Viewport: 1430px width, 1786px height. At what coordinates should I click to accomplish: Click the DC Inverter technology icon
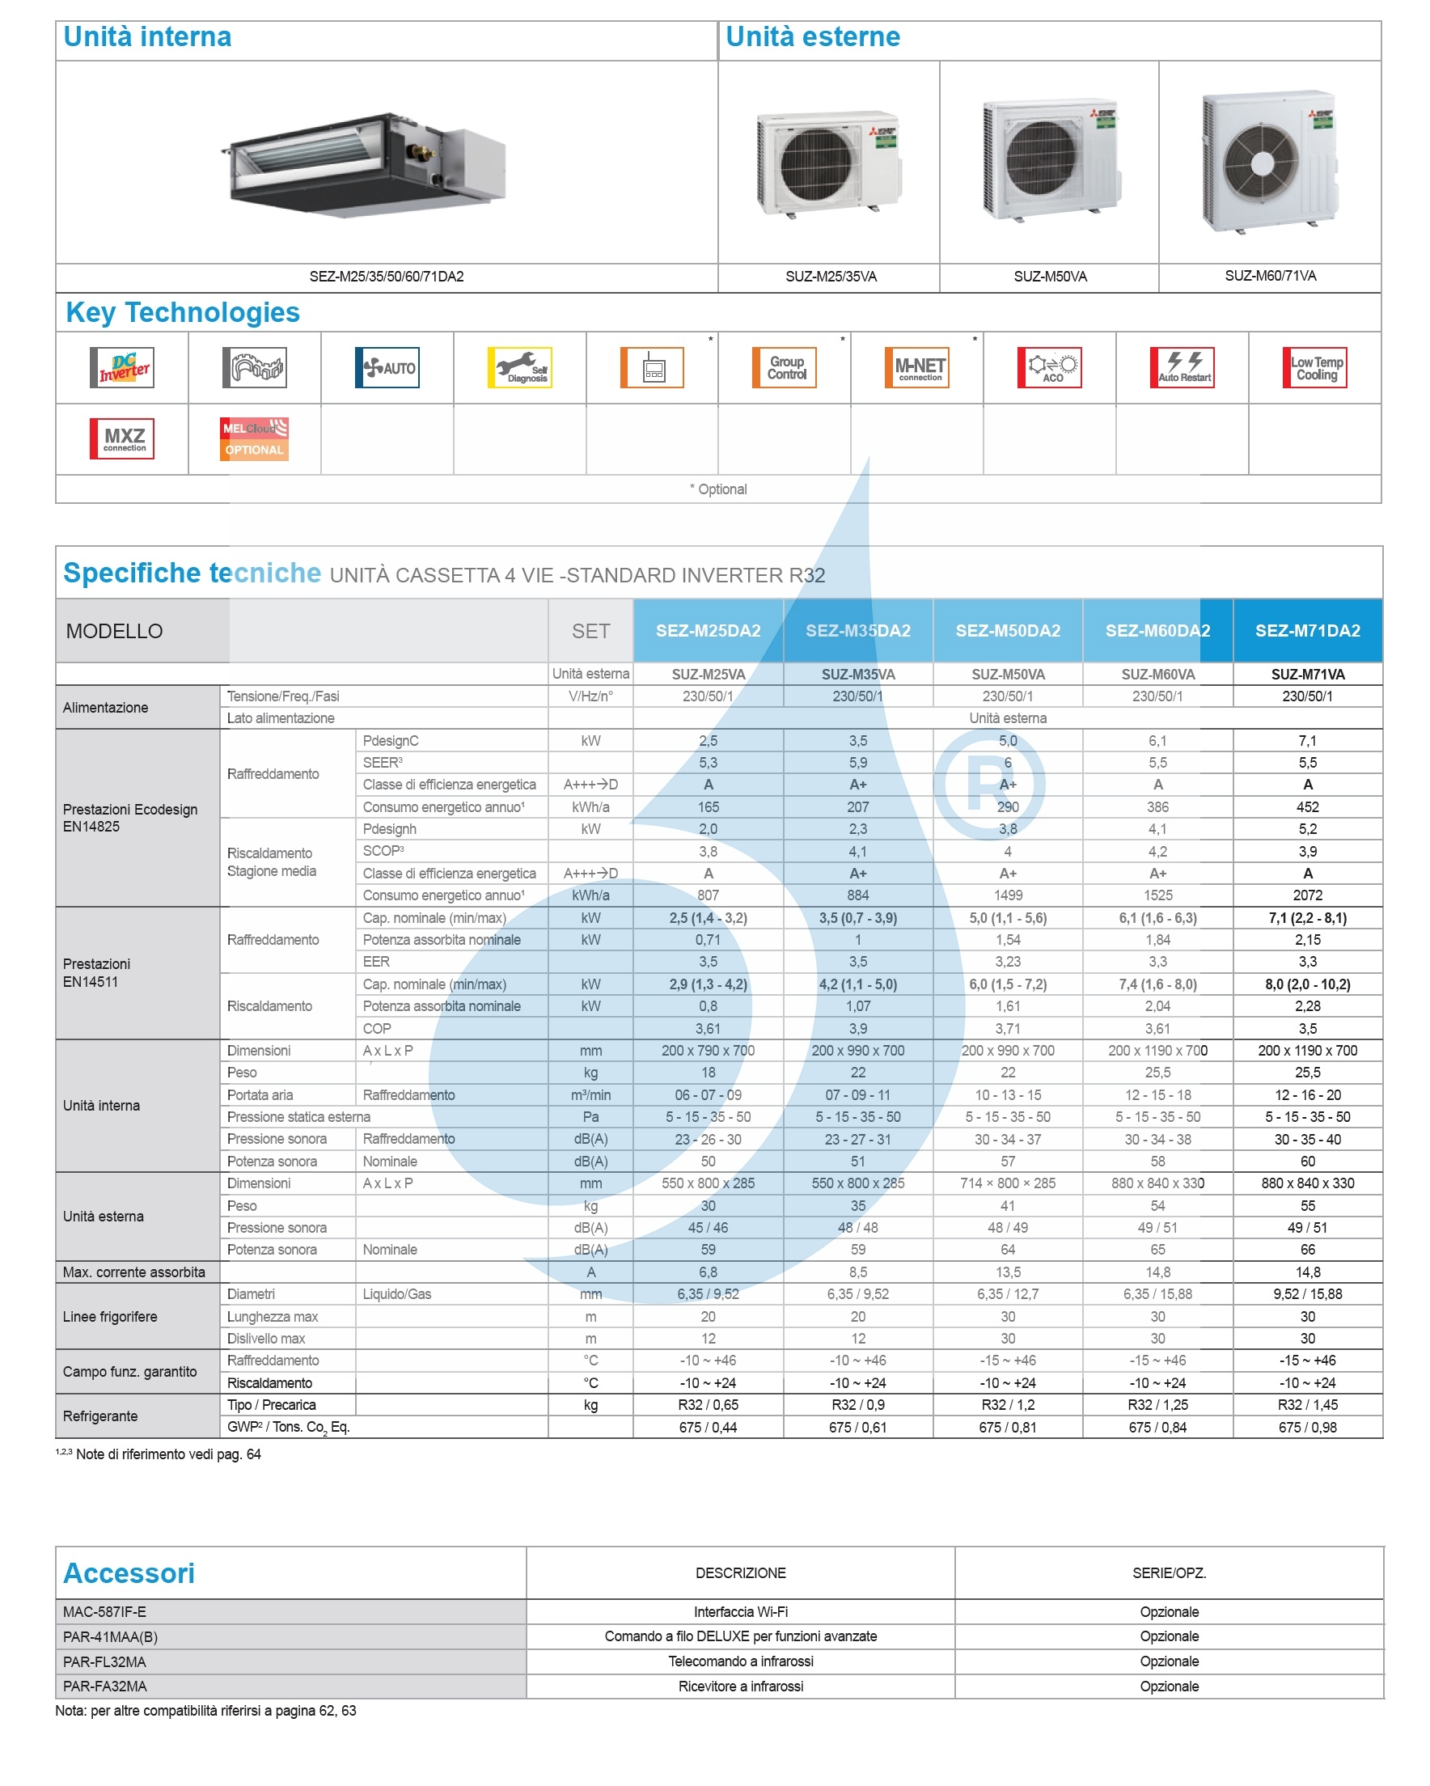[x=122, y=367]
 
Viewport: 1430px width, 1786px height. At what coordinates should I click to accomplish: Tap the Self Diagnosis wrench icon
[x=519, y=367]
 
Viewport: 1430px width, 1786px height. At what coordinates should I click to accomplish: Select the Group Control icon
[x=785, y=367]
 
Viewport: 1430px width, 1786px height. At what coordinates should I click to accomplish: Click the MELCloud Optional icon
[x=254, y=439]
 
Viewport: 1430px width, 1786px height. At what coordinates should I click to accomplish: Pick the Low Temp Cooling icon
[x=1315, y=367]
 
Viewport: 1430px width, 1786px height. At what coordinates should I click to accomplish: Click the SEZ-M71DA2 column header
[x=1307, y=630]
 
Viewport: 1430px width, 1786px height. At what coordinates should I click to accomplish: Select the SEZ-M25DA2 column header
[x=708, y=630]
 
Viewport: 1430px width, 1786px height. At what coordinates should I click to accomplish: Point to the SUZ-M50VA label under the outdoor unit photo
[x=1050, y=277]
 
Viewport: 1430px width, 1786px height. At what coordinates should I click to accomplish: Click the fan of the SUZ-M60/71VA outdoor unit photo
[x=1261, y=163]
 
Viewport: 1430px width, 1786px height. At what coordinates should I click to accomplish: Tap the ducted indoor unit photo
[x=365, y=164]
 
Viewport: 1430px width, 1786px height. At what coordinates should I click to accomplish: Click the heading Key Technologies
[x=182, y=312]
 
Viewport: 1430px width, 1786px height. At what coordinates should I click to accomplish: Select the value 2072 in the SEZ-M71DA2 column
[x=1307, y=895]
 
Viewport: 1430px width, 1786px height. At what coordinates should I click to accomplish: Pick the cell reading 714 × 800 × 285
[x=1008, y=1183]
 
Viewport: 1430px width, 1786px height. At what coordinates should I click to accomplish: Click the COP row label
[x=376, y=1029]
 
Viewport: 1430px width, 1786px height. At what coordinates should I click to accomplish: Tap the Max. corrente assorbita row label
[x=134, y=1272]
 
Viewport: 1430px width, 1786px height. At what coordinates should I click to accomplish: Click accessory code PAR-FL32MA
[x=104, y=1661]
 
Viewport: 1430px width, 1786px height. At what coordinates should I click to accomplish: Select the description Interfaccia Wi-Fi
[x=741, y=1612]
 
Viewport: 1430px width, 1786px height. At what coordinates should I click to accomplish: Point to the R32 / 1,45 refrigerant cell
[x=1307, y=1405]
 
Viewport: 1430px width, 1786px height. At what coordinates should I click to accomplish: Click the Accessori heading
[x=129, y=1573]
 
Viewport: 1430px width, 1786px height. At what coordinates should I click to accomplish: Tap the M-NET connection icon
[x=917, y=367]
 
